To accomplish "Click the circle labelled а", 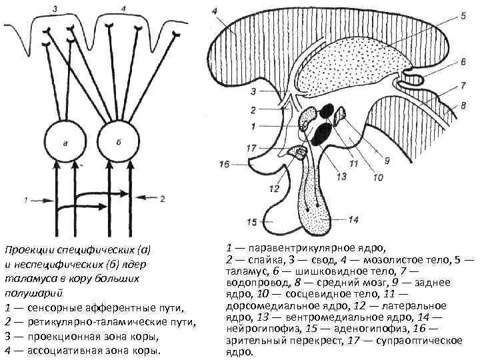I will coord(64,141).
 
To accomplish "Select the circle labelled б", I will coord(119,141).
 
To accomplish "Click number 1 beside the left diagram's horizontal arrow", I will coord(25,198).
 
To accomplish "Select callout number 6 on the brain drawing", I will coord(462,61).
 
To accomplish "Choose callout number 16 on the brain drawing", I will coord(223,163).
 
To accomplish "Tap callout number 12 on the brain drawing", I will coord(275,189).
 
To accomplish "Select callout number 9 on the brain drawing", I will coord(387,161).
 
